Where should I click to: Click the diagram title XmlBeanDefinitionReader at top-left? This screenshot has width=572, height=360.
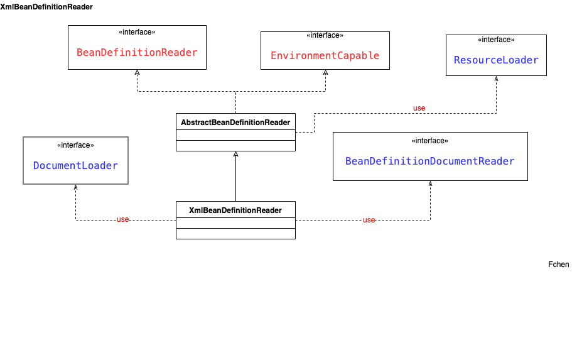[46, 7]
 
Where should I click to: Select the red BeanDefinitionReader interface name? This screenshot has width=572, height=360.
[137, 52]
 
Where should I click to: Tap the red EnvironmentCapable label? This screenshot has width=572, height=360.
[325, 55]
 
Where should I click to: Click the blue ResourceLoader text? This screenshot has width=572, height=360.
[496, 60]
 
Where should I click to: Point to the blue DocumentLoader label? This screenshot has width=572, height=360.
[75, 165]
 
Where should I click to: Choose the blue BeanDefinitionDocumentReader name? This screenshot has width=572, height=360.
[429, 161]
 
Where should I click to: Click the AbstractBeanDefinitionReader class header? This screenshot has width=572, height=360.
[235, 122]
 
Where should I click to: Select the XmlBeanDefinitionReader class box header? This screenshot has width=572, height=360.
[235, 210]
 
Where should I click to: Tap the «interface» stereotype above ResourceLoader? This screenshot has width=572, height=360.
[496, 40]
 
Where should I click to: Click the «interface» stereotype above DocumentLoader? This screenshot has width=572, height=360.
[75, 145]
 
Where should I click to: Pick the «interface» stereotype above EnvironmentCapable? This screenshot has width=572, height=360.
[325, 35]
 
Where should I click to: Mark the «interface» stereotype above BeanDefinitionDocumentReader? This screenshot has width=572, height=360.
[429, 141]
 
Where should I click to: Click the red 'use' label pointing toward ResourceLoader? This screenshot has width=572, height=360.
[419, 108]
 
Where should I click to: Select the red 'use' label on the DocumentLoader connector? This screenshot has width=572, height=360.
[122, 219]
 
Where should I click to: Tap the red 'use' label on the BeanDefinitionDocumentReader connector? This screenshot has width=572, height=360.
[369, 220]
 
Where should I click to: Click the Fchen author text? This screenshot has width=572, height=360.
[558, 265]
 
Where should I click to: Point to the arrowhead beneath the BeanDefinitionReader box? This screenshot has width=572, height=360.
[137, 72]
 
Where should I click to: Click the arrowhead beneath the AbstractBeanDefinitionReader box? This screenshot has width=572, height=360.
[235, 154]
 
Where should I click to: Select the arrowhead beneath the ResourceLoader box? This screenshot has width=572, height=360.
[496, 79]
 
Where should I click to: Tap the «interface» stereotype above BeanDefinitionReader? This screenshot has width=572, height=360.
[137, 32]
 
